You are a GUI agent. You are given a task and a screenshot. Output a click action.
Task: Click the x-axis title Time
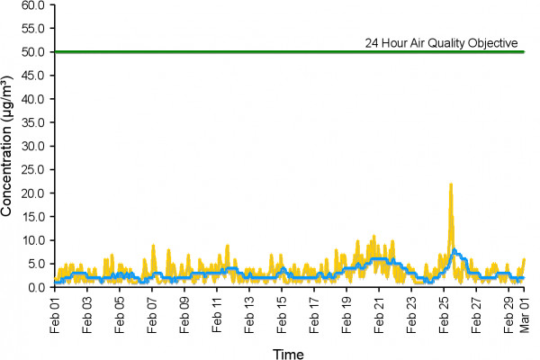tap(289, 353)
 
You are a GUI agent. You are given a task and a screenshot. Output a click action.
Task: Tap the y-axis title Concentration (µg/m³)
tap(9, 146)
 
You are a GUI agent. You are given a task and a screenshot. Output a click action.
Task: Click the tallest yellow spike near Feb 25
tap(451, 184)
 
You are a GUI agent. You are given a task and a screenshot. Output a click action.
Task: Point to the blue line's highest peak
tap(454, 250)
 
